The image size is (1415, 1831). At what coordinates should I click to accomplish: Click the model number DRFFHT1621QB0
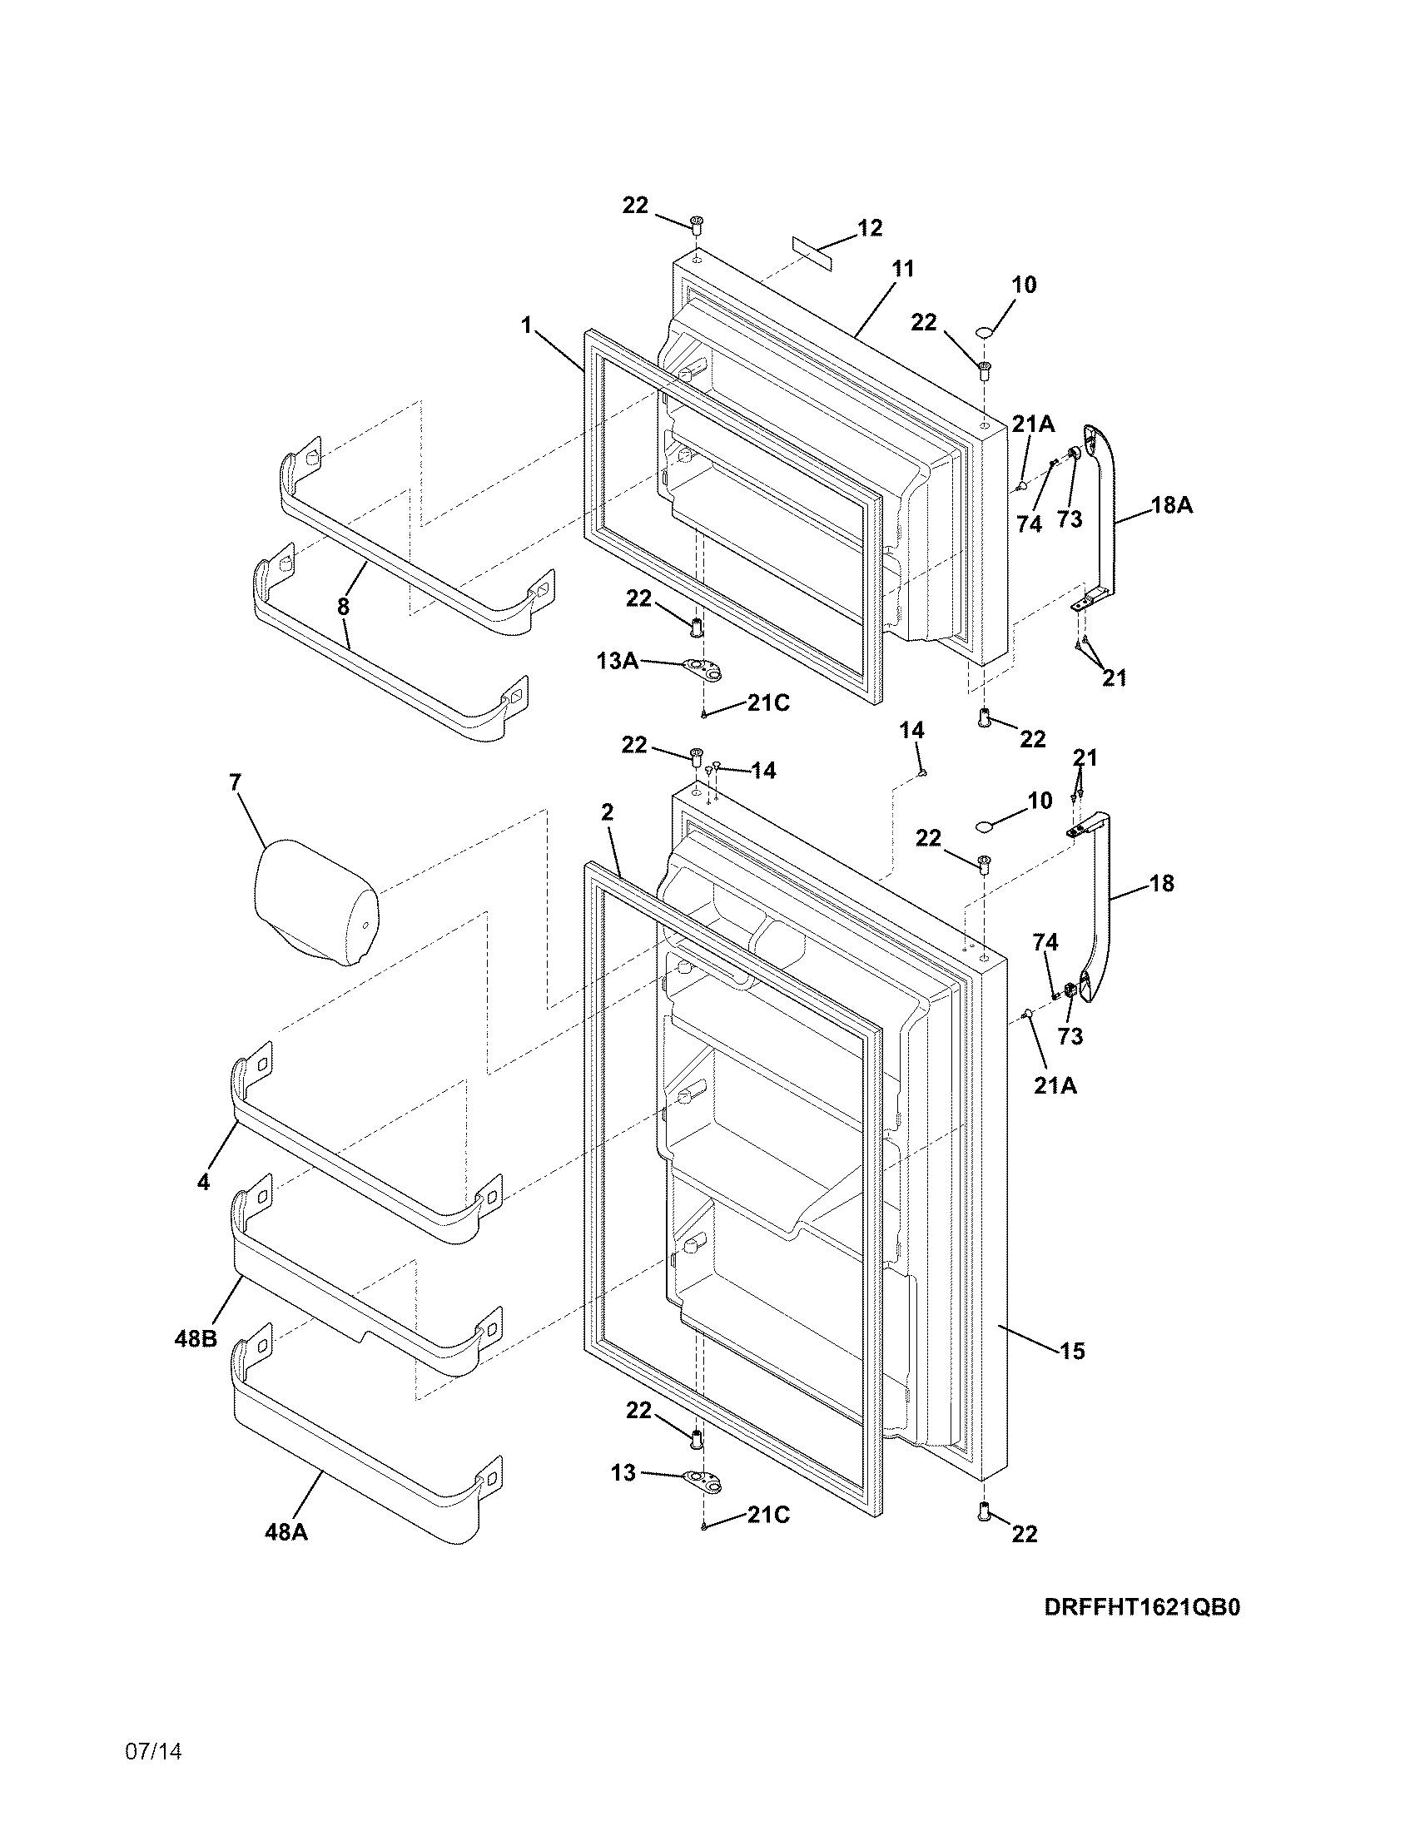pyautogui.click(x=1142, y=1607)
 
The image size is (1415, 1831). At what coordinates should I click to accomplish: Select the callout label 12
pyautogui.click(x=870, y=228)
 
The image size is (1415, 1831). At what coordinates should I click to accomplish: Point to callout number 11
pyautogui.click(x=902, y=269)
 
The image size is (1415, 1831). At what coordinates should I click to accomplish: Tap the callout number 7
pyautogui.click(x=235, y=783)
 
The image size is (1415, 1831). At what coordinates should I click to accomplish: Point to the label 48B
pyautogui.click(x=196, y=1339)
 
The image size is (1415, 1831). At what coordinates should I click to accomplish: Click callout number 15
pyautogui.click(x=1072, y=1351)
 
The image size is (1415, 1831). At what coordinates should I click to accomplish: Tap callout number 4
pyautogui.click(x=203, y=1182)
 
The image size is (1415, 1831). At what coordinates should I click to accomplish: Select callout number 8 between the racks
pyautogui.click(x=343, y=607)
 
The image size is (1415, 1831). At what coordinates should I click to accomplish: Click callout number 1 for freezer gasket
pyautogui.click(x=526, y=325)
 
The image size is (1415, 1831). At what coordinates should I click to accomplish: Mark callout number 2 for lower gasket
pyautogui.click(x=607, y=811)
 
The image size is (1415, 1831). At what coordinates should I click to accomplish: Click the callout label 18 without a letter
pyautogui.click(x=1161, y=883)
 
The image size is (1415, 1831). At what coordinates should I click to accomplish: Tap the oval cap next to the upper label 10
pyautogui.click(x=984, y=334)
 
